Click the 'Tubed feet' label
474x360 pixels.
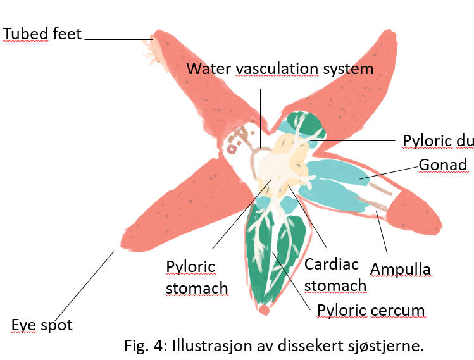pyautogui.click(x=42, y=33)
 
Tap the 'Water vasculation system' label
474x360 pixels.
pyautogui.click(x=280, y=68)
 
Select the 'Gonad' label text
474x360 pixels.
pyautogui.click(x=442, y=165)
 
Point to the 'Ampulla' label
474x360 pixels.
pyautogui.click(x=400, y=268)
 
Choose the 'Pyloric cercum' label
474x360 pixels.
pyautogui.click(x=370, y=310)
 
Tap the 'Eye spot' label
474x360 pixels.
pyautogui.click(x=42, y=325)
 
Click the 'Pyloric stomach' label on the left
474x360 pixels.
pyautogui.click(x=196, y=277)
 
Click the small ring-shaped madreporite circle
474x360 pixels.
pyautogui.click(x=232, y=149)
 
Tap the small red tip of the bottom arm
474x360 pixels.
pyautogui.click(x=264, y=310)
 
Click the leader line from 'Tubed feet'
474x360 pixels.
pyautogui.click(x=118, y=39)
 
